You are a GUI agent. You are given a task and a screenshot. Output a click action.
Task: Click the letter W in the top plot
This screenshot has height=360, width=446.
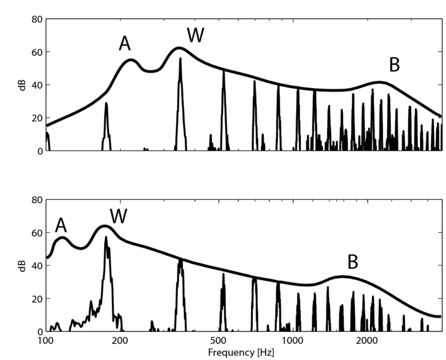[195, 35]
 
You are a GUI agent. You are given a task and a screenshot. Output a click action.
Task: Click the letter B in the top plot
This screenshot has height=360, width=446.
[394, 65]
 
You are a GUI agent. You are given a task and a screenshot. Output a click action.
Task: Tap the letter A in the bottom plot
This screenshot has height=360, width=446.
[61, 225]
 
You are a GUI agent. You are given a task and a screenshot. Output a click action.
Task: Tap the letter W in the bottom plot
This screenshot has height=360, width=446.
[119, 217]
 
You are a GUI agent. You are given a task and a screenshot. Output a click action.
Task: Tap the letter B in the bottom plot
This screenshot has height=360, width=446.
[353, 262]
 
